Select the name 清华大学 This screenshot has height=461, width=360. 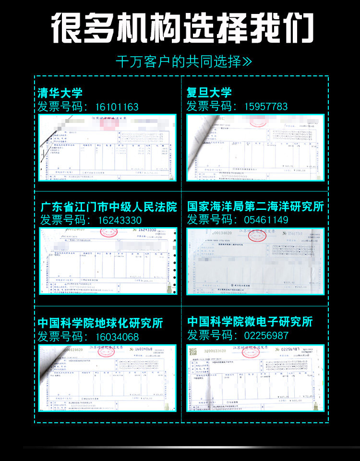60,93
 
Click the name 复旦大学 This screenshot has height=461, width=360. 209,93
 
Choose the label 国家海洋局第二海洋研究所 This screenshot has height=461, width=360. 255,207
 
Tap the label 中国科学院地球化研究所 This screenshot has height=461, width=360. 100,323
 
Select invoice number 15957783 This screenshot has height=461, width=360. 266,107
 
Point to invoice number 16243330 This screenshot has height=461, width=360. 120,220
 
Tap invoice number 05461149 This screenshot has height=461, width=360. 266,220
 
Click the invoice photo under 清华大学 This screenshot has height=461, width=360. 107,147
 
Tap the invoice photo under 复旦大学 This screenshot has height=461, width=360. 255,147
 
